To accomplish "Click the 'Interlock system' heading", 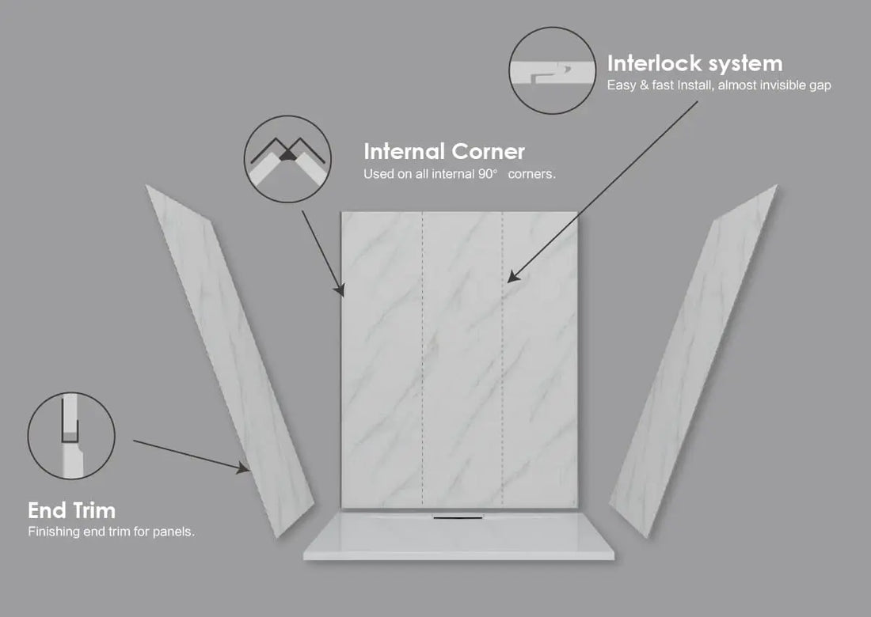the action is (694, 64).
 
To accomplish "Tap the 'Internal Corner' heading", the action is (444, 151).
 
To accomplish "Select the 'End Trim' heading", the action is (71, 510).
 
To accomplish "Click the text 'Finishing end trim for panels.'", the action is (111, 532).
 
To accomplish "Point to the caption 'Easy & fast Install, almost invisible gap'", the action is (719, 85).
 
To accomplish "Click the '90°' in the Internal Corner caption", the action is (487, 174).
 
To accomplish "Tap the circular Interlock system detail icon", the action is (553, 70).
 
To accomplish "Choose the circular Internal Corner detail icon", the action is (287, 159).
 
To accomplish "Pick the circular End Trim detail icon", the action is (71, 436).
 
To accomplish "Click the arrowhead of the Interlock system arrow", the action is (513, 276).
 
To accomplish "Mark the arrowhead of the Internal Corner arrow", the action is (340, 290).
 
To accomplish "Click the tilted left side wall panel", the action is (230, 361).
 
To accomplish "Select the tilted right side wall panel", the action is (694, 361).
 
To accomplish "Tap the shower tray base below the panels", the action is (458, 536).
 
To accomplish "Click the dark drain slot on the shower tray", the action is (458, 517).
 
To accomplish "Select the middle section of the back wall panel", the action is (462, 360).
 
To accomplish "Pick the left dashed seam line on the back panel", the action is (422, 360).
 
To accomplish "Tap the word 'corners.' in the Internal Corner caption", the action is (531, 174).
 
